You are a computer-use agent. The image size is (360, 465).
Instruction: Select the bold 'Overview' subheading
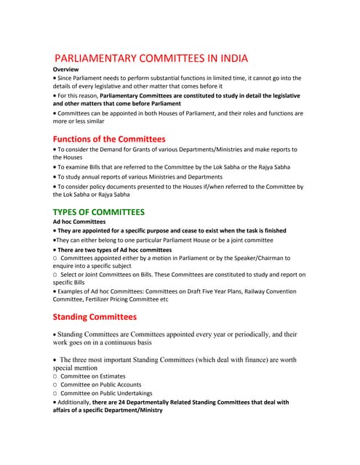(66, 69)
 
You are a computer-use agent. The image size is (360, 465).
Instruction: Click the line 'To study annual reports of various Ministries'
(139, 177)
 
